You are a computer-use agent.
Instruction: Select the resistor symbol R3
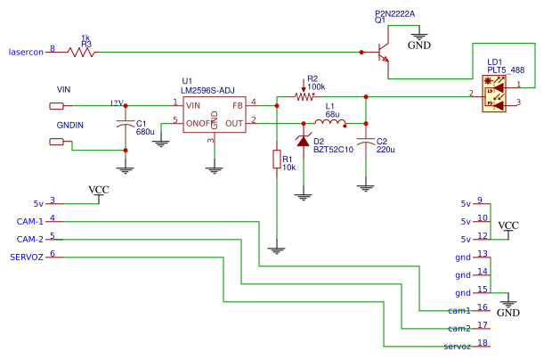tap(83, 52)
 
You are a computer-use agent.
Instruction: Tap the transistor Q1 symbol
tap(380, 54)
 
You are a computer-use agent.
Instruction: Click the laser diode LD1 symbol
tap(491, 94)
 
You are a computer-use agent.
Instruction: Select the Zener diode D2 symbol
tap(304, 141)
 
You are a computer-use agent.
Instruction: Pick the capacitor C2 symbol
tap(364, 141)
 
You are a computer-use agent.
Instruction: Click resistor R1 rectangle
tap(277, 160)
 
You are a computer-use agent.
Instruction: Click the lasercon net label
tap(26, 50)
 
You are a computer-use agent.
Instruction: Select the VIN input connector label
tap(64, 90)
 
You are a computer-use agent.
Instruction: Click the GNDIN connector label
tap(70, 126)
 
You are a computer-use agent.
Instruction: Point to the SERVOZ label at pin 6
tap(26, 257)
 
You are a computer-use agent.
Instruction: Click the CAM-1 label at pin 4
tap(30, 220)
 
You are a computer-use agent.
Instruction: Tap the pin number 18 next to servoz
tap(482, 343)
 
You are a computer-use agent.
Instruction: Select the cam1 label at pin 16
tap(459, 310)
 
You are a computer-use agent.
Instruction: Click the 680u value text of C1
tap(145, 132)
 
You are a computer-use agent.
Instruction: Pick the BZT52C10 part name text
tap(333, 150)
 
